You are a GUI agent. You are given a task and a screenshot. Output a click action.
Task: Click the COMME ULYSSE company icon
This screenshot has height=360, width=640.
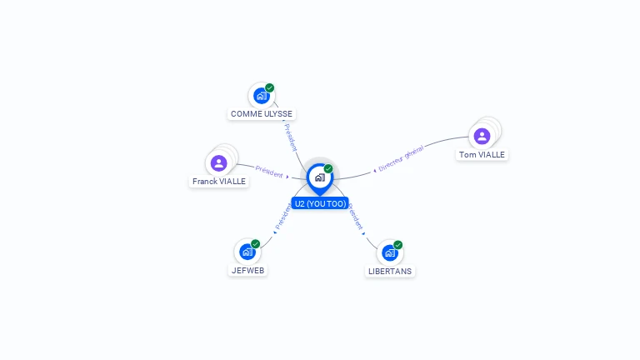tap(261, 96)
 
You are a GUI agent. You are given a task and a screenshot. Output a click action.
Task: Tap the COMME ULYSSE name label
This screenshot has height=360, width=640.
tap(262, 114)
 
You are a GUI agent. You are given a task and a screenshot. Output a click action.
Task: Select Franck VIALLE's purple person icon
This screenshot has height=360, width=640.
tap(218, 162)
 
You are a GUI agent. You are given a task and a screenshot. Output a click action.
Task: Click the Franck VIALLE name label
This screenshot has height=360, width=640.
tap(219, 181)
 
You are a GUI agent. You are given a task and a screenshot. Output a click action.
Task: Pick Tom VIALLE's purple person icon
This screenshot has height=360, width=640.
tap(481, 136)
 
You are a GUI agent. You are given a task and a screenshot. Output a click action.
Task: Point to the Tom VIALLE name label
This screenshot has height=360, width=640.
tap(482, 154)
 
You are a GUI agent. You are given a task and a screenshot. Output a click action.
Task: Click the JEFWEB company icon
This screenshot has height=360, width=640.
tap(247, 252)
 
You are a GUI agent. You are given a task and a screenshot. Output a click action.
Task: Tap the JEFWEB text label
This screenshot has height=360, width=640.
tap(248, 270)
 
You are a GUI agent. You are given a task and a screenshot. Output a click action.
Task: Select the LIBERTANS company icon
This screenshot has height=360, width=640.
tap(389, 252)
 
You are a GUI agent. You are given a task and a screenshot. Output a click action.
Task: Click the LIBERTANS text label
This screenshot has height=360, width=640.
tap(390, 271)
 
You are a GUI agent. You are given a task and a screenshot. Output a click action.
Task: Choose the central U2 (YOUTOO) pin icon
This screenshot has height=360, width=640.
tap(319, 177)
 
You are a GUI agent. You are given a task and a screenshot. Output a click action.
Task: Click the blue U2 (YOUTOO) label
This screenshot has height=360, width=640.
tap(320, 203)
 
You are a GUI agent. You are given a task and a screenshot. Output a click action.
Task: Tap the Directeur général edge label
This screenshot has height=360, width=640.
tap(401, 158)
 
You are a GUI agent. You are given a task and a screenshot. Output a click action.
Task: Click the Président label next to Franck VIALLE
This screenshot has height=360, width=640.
tap(269, 171)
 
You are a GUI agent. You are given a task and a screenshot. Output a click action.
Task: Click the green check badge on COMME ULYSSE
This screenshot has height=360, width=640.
tap(270, 87)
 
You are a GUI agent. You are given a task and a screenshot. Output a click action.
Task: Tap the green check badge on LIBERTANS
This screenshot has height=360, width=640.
tap(398, 245)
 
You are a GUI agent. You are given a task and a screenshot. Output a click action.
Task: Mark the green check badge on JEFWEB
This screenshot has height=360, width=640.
tap(256, 244)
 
